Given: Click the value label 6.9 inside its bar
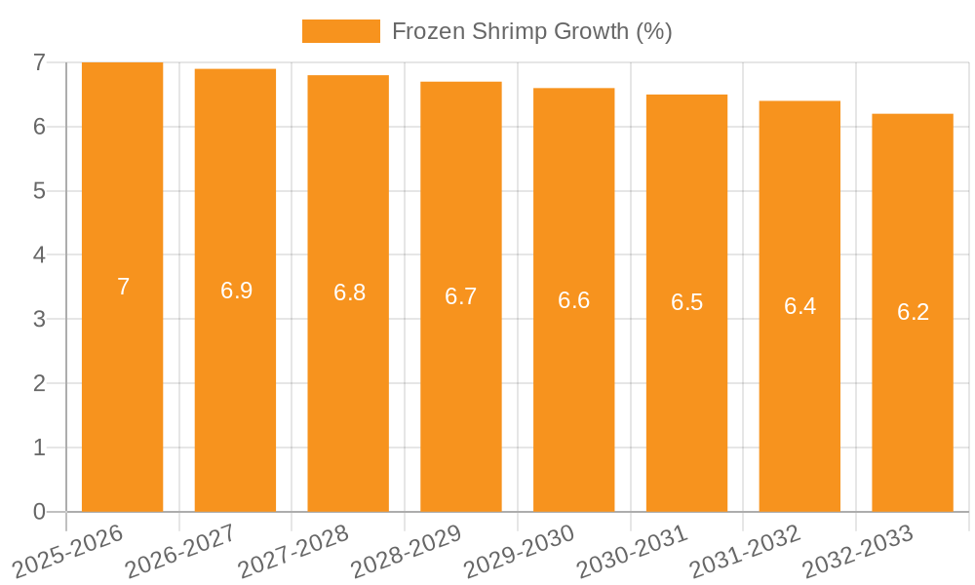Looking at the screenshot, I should [x=236, y=291].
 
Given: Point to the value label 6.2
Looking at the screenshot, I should [x=913, y=313].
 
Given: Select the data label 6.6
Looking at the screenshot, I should [x=573, y=300].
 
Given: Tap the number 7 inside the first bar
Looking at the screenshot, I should [x=123, y=287].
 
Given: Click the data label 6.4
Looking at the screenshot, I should [x=799, y=306].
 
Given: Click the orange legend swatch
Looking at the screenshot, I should [x=340, y=31].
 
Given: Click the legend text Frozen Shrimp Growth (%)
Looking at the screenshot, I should [x=531, y=31].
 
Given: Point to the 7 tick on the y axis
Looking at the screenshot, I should [x=39, y=62].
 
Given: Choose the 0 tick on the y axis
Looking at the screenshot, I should [x=39, y=512].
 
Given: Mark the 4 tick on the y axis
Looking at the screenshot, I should [x=39, y=255].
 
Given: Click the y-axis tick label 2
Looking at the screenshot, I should [x=39, y=384].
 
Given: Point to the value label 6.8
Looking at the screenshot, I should [x=349, y=292].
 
